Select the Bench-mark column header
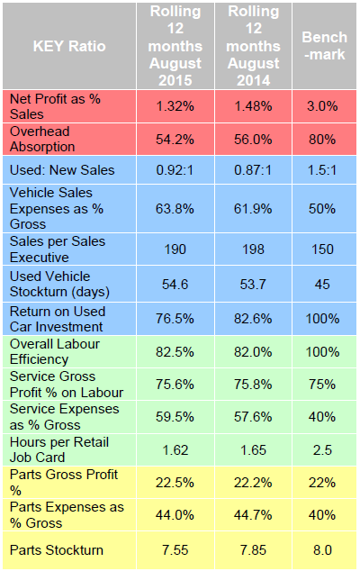coord(322,46)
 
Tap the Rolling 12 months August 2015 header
coord(175,45)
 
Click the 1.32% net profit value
coord(175,105)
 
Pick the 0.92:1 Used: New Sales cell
coord(175,168)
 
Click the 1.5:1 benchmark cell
coord(322,168)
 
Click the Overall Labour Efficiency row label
coord(54,351)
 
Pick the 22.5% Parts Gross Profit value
coord(175,483)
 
